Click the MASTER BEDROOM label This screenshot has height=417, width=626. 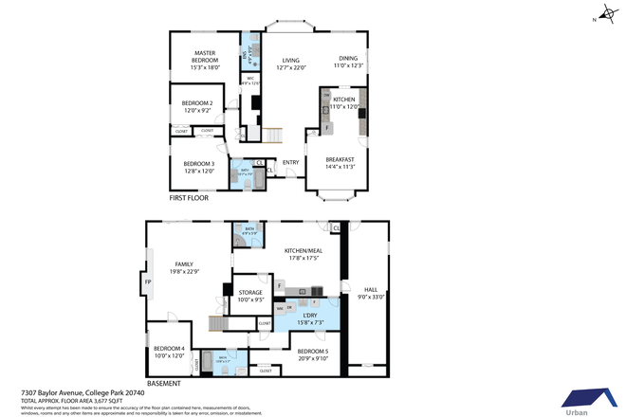pyautogui.click(x=206, y=57)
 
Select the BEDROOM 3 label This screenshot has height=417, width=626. pyautogui.click(x=198, y=164)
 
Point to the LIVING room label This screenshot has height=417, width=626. pyautogui.click(x=290, y=61)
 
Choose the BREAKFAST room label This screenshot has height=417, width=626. pyautogui.click(x=340, y=159)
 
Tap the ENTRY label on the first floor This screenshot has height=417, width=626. pyautogui.click(x=290, y=162)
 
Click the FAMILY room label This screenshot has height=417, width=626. pyautogui.click(x=184, y=264)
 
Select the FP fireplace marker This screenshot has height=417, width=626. pyautogui.click(x=148, y=282)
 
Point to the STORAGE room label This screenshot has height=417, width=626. pyautogui.click(x=250, y=292)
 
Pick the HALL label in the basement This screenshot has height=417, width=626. pyautogui.click(x=370, y=290)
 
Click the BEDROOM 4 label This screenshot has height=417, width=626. pyautogui.click(x=169, y=348)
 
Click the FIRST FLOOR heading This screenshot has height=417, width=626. pyautogui.click(x=190, y=198)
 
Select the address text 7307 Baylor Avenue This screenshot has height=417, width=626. pyautogui.click(x=52, y=392)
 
